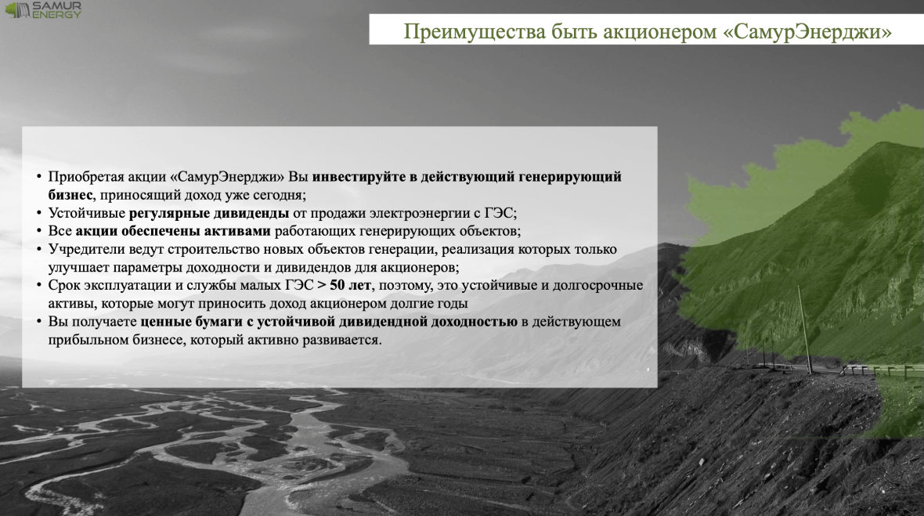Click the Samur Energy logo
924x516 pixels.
(x=43, y=9)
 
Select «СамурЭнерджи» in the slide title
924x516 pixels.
(x=807, y=32)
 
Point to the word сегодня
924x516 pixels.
(x=280, y=195)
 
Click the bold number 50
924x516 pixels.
(x=337, y=285)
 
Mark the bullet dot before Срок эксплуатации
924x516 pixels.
(x=39, y=286)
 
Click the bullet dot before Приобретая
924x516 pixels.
(x=39, y=177)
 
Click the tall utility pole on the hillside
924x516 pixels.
(x=805, y=330)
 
